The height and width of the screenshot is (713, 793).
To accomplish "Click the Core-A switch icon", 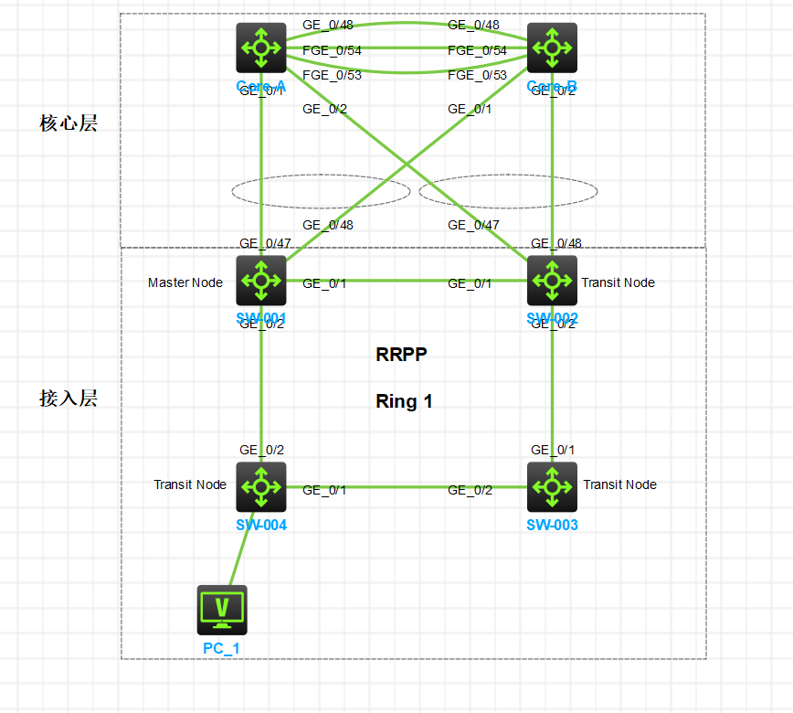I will (x=261, y=48).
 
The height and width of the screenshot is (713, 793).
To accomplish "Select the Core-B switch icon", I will (x=552, y=48).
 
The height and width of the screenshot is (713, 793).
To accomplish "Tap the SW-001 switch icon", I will (x=261, y=280).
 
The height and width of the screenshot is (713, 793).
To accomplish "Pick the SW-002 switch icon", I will (x=552, y=280).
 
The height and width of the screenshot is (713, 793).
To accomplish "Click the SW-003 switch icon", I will (x=552, y=486).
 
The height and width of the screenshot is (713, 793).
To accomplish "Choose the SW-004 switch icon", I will (x=261, y=486).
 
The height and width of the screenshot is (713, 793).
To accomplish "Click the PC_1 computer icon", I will (x=222, y=610).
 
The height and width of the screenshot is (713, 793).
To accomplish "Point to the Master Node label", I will (x=185, y=282).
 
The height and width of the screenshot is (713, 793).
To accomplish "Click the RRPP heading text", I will (x=401, y=355).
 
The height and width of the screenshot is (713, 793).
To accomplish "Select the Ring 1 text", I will (x=404, y=400).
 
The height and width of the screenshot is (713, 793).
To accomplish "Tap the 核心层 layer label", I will (x=68, y=123).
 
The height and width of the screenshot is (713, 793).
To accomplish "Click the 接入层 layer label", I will (x=68, y=399).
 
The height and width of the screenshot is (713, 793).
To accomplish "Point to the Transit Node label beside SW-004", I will (x=190, y=484).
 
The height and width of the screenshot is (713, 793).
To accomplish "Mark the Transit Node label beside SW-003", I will (x=619, y=484).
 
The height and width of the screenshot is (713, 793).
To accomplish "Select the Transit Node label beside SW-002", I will (x=618, y=282).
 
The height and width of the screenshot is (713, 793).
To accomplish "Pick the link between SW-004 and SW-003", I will (x=407, y=487).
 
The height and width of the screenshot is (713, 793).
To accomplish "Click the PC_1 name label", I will (x=222, y=648).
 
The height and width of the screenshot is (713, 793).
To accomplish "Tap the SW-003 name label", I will (x=552, y=525).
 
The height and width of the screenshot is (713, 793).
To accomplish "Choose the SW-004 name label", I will (x=261, y=525).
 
